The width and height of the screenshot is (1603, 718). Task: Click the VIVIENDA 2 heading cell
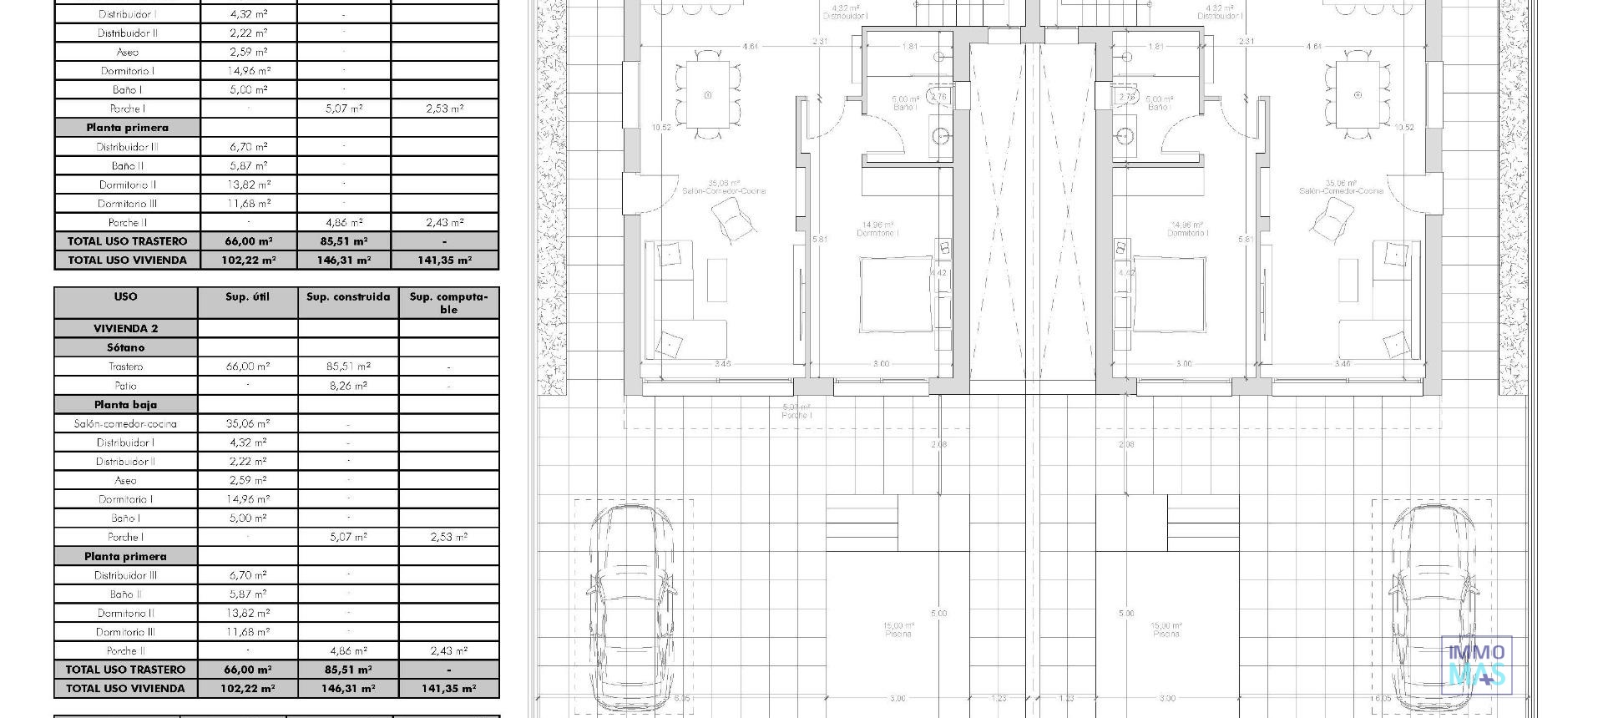pyautogui.click(x=125, y=328)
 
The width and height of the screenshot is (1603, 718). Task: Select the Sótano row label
pyautogui.click(x=125, y=347)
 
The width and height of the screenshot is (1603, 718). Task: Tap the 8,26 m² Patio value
pyautogui.click(x=348, y=386)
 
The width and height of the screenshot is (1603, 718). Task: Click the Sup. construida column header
pyautogui.click(x=348, y=297)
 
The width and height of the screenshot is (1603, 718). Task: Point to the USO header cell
pyautogui.click(x=125, y=297)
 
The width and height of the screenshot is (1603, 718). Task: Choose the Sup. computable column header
pyautogui.click(x=448, y=302)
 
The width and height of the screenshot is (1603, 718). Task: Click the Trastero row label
pyautogui.click(x=125, y=367)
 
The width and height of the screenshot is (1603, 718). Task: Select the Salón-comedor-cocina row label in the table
pyautogui.click(x=125, y=423)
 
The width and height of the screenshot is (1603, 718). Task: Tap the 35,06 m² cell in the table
pyautogui.click(x=247, y=423)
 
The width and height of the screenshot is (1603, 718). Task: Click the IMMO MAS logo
pyautogui.click(x=1475, y=665)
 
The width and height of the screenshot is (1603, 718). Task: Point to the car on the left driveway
pyautogui.click(x=631, y=605)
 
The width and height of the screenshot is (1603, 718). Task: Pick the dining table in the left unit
pyautogui.click(x=708, y=94)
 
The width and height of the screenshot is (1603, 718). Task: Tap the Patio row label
pyautogui.click(x=125, y=386)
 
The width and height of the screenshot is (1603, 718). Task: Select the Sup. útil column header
pyautogui.click(x=247, y=297)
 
